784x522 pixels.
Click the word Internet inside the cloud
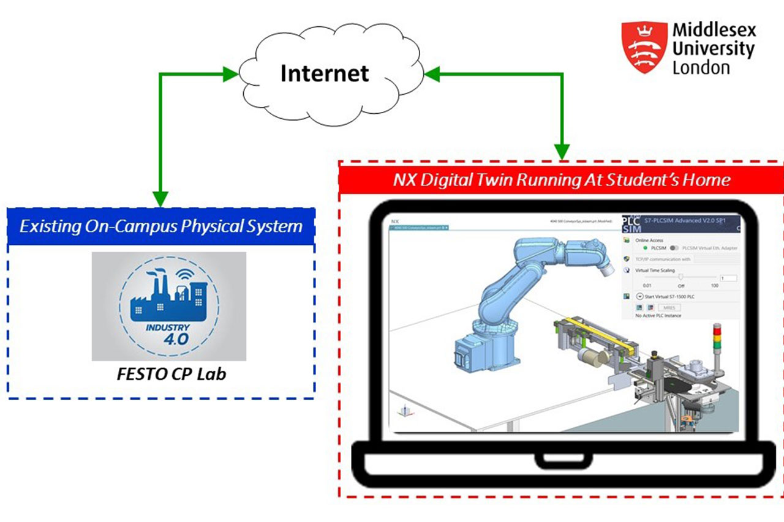(325, 73)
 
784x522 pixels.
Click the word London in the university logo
(701, 67)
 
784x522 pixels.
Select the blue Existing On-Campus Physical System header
(161, 226)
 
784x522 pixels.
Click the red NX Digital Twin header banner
(561, 180)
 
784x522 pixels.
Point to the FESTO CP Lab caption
(171, 373)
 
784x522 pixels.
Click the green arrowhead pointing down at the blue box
(160, 199)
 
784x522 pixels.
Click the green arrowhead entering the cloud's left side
(231, 75)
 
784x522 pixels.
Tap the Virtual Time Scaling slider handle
(680, 277)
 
